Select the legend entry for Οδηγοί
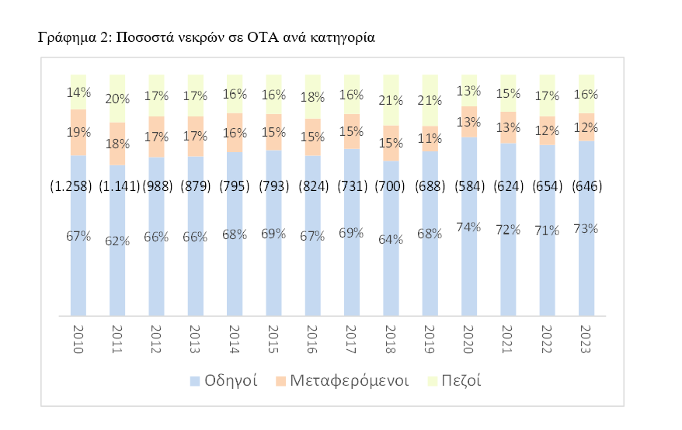coord(231,381)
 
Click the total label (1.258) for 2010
coord(71,186)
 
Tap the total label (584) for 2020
coord(468,186)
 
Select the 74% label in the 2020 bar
coord(468,227)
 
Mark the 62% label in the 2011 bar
coord(117,240)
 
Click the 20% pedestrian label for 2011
coord(117,98)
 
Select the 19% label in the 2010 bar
coord(78,133)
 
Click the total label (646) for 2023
coord(586,186)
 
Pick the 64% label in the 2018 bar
coord(391,239)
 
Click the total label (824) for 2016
coord(312,186)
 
